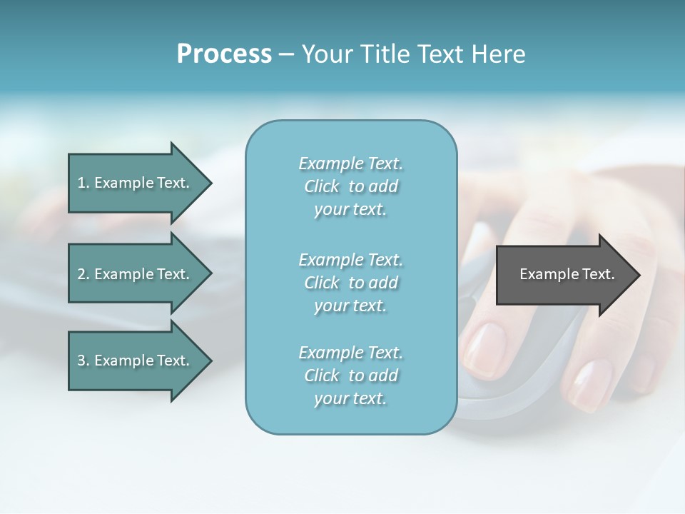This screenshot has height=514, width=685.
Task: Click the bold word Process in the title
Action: [x=224, y=54]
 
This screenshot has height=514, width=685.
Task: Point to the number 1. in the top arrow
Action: [x=83, y=183]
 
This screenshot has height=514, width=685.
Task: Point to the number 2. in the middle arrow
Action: [x=83, y=274]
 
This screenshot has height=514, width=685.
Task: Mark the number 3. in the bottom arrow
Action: [x=83, y=361]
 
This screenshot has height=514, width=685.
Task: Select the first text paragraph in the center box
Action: [x=350, y=186]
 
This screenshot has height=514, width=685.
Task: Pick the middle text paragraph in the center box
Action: [x=350, y=283]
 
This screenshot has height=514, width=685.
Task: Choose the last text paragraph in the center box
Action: [x=350, y=376]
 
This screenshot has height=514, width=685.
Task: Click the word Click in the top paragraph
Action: [x=322, y=186]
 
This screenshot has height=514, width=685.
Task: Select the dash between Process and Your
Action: [x=286, y=54]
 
